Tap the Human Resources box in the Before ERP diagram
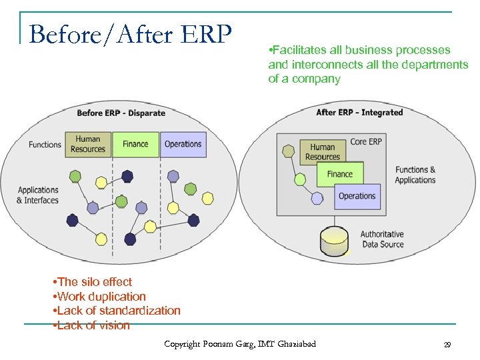[88, 144]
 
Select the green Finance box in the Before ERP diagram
[135, 144]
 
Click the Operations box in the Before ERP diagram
[183, 144]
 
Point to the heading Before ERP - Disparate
[121, 113]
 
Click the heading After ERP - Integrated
[359, 113]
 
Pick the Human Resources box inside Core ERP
[323, 152]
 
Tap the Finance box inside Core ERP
[339, 174]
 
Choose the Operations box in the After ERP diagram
[357, 196]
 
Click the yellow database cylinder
[334, 242]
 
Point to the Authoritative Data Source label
[382, 239]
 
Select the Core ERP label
[366, 141]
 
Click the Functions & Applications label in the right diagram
[415, 175]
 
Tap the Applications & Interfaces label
[38, 195]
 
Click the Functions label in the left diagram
[45, 145]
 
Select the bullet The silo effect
[92, 282]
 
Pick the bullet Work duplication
[99, 297]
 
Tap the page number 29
[447, 345]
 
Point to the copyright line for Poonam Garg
[240, 344]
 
